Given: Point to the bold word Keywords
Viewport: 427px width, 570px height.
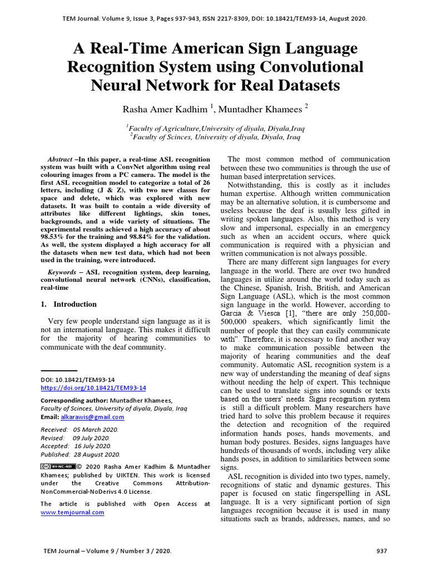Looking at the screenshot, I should pos(62,272).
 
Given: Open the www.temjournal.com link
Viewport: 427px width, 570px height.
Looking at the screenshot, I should pos(73,513).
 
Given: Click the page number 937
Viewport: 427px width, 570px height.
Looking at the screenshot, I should pos(381,551).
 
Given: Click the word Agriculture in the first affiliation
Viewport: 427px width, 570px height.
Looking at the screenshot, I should pos(177,127).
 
